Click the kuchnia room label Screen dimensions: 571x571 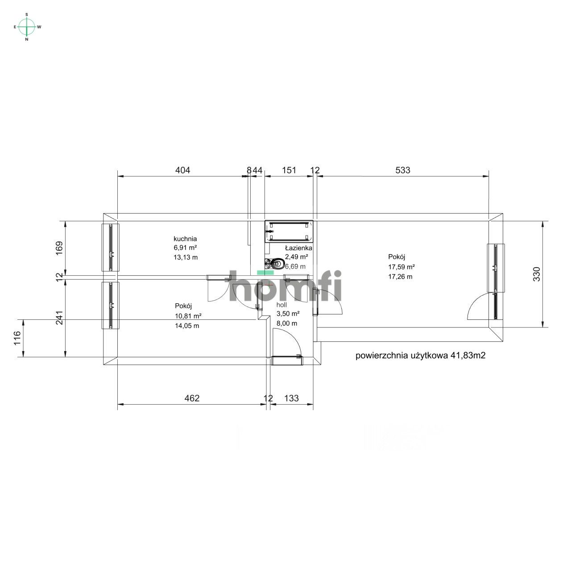tap(185, 239)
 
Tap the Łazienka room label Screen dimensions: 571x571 tap(299, 248)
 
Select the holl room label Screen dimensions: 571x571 tap(281, 305)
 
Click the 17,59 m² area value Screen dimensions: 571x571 tap(401, 267)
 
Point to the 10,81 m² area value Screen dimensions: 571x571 tap(188, 316)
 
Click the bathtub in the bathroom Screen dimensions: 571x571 tap(289, 232)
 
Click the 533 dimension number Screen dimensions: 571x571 tap(403, 170)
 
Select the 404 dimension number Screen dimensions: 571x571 tap(182, 170)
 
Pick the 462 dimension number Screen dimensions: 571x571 tap(192, 398)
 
